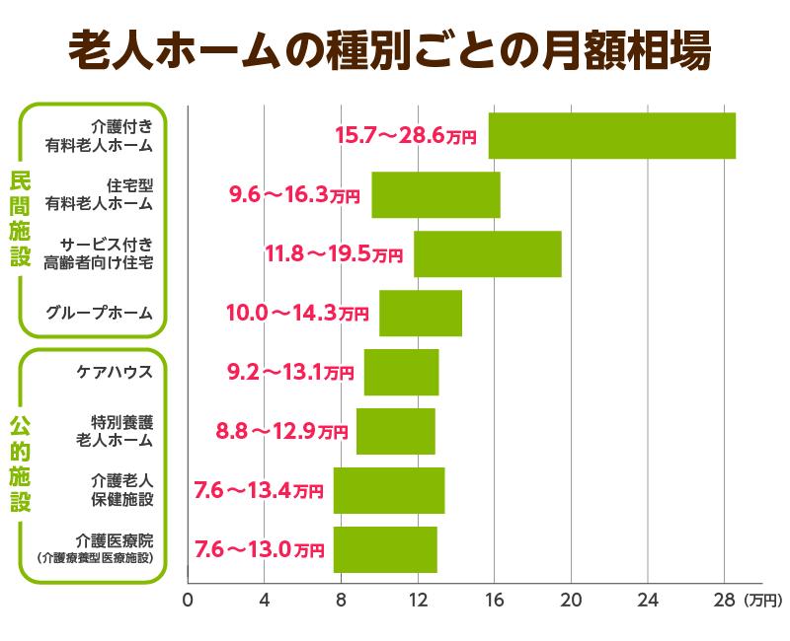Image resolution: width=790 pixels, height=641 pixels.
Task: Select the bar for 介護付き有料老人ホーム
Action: pyautogui.click(x=611, y=135)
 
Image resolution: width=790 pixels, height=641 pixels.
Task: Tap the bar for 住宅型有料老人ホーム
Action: pyautogui.click(x=435, y=194)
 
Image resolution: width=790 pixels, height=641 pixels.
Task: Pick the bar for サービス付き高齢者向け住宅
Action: pyautogui.click(x=487, y=253)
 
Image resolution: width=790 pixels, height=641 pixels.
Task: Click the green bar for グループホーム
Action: pyautogui.click(x=420, y=313)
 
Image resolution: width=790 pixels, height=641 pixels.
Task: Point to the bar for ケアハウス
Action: pyautogui.click(x=401, y=372)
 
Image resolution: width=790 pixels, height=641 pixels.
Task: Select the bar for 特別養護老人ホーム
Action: pyautogui.click(x=395, y=431)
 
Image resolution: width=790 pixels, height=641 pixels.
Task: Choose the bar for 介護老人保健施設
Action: pyautogui.click(x=388, y=490)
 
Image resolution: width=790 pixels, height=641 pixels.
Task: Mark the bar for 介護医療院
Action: pyautogui.click(x=384, y=549)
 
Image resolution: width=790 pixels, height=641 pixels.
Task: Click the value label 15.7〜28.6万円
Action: pyautogui.click(x=406, y=135)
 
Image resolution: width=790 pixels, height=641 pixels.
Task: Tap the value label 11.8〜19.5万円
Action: pyautogui.click(x=334, y=253)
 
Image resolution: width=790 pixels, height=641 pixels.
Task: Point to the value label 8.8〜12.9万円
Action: pyautogui.click(x=281, y=431)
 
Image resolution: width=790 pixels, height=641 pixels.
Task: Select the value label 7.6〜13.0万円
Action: pyautogui.click(x=259, y=549)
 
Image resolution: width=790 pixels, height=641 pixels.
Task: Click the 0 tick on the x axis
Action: pyautogui.click(x=188, y=599)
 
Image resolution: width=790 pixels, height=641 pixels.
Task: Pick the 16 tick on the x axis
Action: pyautogui.click(x=494, y=599)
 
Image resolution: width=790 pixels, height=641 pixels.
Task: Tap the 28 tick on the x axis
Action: pyautogui.click(x=724, y=599)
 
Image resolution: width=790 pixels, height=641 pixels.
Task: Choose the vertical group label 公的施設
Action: pyautogui.click(x=21, y=463)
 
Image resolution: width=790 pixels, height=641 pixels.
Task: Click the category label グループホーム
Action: pyautogui.click(x=100, y=314)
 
